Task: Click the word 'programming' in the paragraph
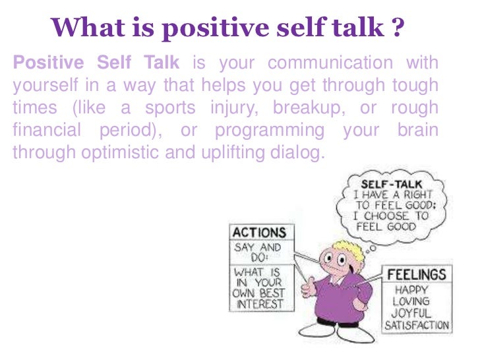270,130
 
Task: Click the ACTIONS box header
258,233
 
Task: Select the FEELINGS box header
415,274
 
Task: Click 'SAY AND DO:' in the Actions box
257,253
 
